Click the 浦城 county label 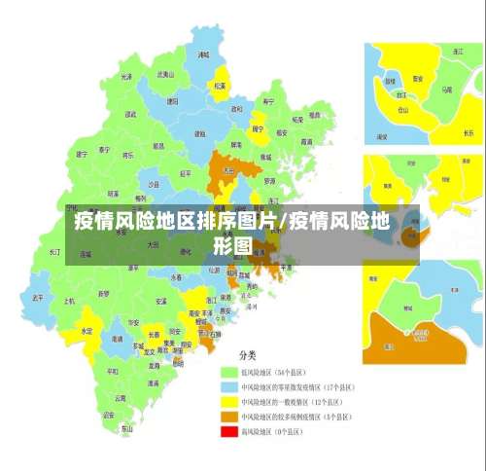click(x=203, y=56)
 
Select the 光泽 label click(x=125, y=76)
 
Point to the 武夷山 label click(x=165, y=74)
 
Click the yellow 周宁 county click(x=258, y=128)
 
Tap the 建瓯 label click(x=200, y=121)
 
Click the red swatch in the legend click(x=230, y=431)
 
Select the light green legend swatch click(x=230, y=372)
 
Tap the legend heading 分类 click(x=248, y=354)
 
